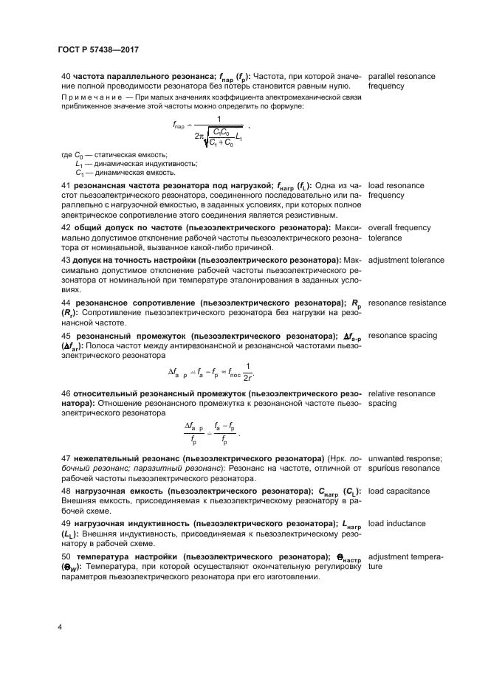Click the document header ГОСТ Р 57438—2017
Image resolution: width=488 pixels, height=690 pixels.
coord(99,49)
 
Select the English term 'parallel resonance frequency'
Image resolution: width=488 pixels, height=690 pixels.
coord(401,81)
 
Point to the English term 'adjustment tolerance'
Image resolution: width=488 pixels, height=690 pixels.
coord(405,261)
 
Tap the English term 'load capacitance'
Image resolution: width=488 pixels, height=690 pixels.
coord(399,491)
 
